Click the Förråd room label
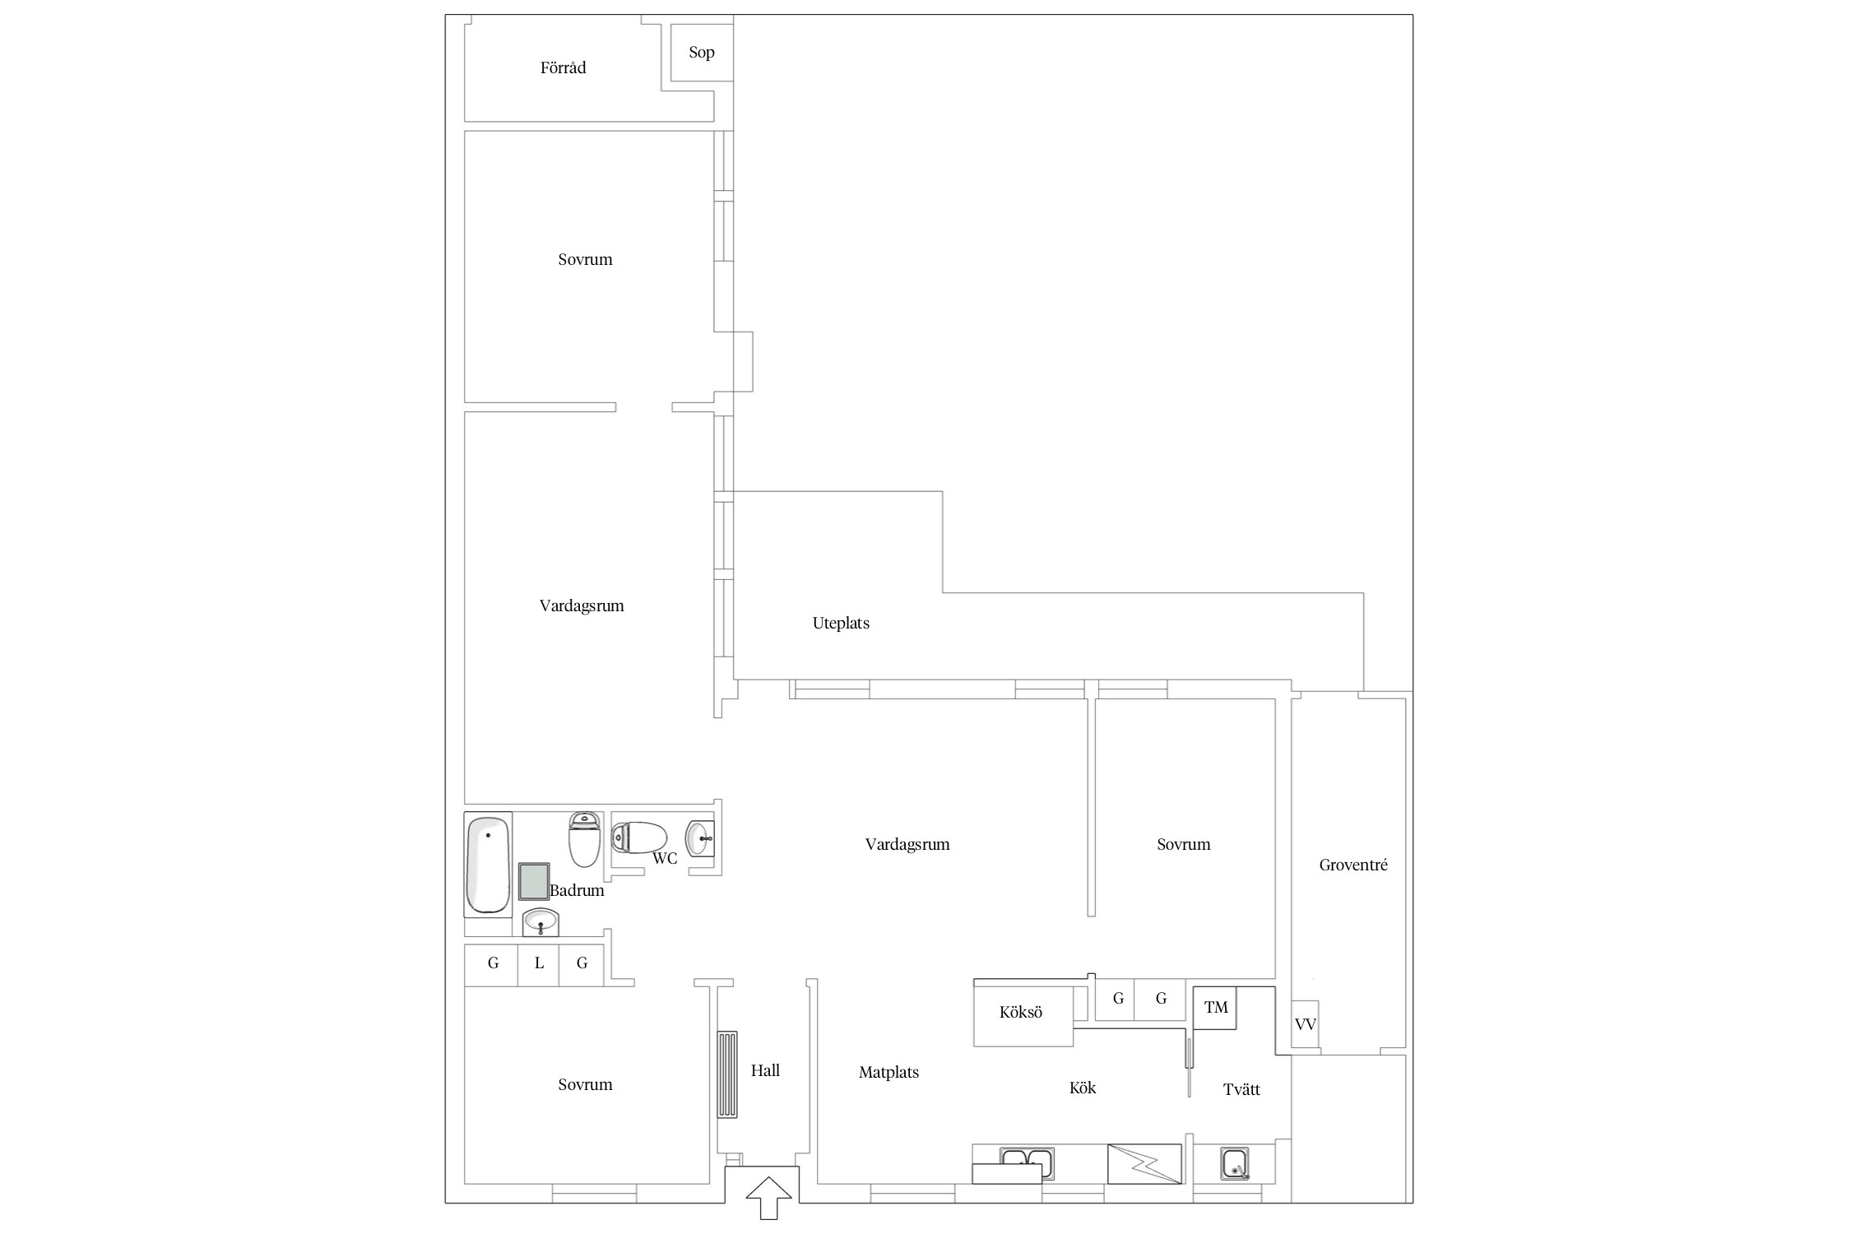pyautogui.click(x=563, y=67)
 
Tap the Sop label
pyautogui.click(x=702, y=53)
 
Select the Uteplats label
pyautogui.click(x=841, y=624)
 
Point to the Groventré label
pyautogui.click(x=1353, y=865)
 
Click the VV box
pyautogui.click(x=1305, y=1024)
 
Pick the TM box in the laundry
pyautogui.click(x=1215, y=1008)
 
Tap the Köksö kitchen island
pyautogui.click(x=1023, y=1016)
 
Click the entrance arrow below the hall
pyautogui.click(x=768, y=1198)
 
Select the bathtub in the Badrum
pyautogui.click(x=488, y=865)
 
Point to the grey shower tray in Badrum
pyautogui.click(x=534, y=882)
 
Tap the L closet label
pyautogui.click(x=539, y=963)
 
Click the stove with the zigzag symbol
pyautogui.click(x=1144, y=1164)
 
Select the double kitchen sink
pyautogui.click(x=1027, y=1164)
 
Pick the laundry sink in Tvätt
pyautogui.click(x=1235, y=1164)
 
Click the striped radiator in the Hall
pyautogui.click(x=727, y=1074)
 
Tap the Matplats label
pyautogui.click(x=888, y=1073)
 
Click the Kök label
pyautogui.click(x=1083, y=1088)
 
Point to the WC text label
pyautogui.click(x=665, y=859)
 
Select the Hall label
pyautogui.click(x=765, y=1070)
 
